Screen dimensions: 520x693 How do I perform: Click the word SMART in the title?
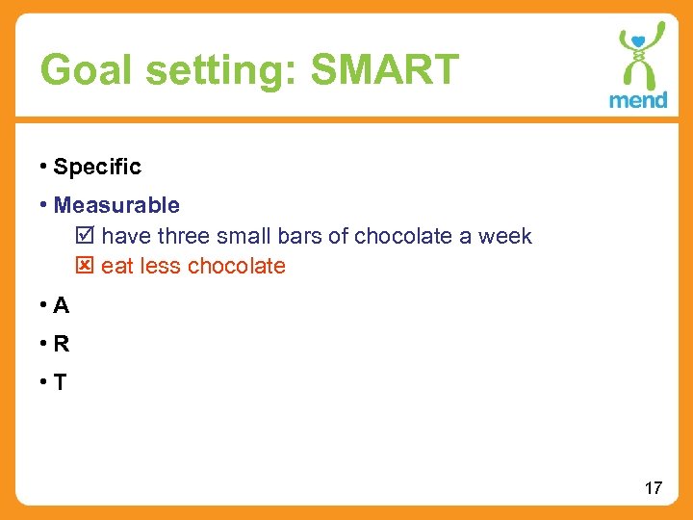pos(385,69)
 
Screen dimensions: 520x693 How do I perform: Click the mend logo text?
pos(637,100)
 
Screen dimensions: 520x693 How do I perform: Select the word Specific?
pos(97,167)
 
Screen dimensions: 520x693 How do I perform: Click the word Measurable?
pos(116,205)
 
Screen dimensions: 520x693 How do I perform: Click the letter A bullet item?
pos(62,306)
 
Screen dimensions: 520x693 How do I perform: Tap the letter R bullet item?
pos(62,344)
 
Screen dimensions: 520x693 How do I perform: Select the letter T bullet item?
pos(61,382)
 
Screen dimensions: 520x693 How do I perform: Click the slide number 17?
pos(653,488)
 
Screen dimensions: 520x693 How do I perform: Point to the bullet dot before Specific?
pos(44,166)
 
